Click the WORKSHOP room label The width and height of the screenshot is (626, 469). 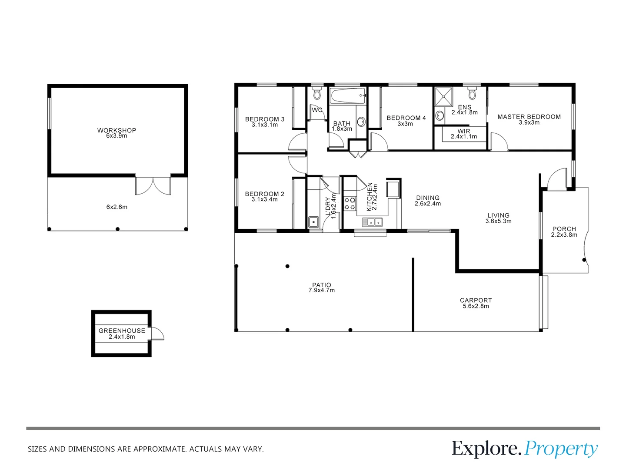117,130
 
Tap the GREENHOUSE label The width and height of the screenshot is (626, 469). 122,330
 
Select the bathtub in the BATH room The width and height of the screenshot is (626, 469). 347,96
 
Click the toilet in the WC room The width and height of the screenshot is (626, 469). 317,93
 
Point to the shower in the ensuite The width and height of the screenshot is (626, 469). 444,96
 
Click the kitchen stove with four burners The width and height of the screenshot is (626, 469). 350,204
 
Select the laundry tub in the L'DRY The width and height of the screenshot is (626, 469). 313,222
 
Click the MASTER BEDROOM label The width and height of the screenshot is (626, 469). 529,117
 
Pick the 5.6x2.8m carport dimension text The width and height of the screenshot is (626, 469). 476,306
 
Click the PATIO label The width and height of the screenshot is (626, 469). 322,285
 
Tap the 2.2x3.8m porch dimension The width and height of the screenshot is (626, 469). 564,235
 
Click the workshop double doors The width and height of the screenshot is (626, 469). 153,185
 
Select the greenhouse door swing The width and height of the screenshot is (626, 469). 157,334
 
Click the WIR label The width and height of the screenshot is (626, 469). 464,131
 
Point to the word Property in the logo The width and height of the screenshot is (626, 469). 561,449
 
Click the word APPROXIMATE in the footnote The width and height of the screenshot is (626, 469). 160,449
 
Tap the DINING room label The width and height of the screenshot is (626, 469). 428,198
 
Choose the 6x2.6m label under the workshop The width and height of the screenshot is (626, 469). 117,207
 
